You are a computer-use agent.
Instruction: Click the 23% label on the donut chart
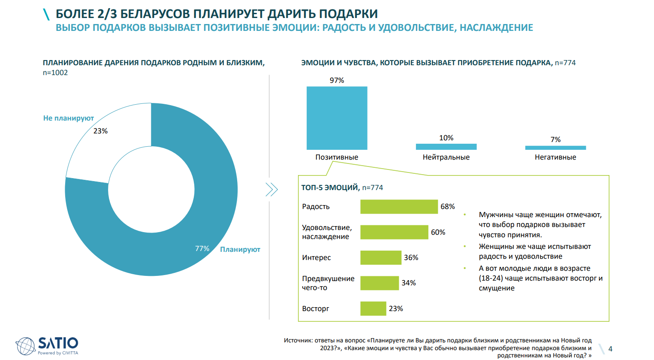pos(100,131)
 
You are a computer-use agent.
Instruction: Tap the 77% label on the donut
pos(202,248)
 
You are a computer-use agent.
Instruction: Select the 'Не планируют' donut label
pos(68,118)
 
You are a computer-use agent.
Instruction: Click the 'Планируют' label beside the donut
pos(240,249)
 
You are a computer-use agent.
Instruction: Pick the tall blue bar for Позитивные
pos(337,118)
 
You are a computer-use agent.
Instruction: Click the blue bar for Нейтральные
pos(446,147)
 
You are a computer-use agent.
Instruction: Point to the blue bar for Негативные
pos(555,148)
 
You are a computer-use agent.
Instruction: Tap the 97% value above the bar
pos(337,80)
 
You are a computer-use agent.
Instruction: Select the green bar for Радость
pos(399,206)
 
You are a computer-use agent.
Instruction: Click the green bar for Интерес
pos(381,257)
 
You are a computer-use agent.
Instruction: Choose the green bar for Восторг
pos(373,309)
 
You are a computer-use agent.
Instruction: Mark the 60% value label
pos(438,232)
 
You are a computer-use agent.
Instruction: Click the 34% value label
pos(408,283)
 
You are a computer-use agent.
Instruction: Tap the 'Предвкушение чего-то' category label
pos(328,283)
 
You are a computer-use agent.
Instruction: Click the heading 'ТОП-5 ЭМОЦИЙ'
pos(330,188)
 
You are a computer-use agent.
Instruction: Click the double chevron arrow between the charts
pos(271,189)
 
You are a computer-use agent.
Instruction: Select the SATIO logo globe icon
pos(25,346)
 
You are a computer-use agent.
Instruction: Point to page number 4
pos(610,349)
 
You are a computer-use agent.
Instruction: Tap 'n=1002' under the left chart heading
pos(55,73)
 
